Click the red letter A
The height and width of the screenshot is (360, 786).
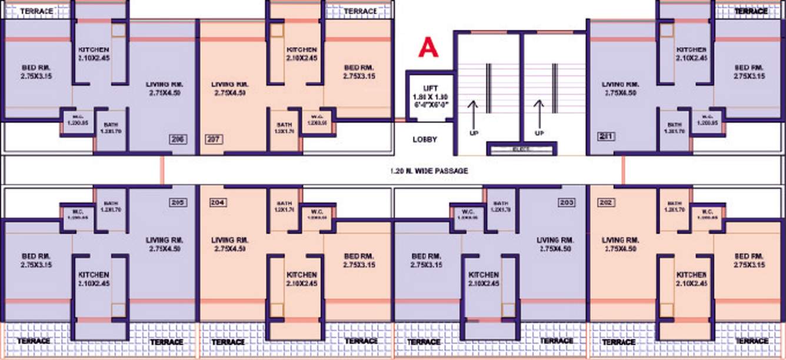point(428,48)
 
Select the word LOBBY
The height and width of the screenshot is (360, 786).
point(425,140)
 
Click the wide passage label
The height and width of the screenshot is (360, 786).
point(429,171)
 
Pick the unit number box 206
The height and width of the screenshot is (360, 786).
point(177,139)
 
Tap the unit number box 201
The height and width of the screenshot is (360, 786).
point(607,137)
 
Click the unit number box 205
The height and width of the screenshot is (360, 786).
point(177,202)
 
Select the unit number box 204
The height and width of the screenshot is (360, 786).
point(218,202)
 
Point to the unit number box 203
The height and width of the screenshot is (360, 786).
point(567,202)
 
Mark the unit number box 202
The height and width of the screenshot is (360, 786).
point(607,202)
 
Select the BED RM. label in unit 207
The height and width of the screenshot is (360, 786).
point(359,68)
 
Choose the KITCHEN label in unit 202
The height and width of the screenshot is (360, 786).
point(691,275)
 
